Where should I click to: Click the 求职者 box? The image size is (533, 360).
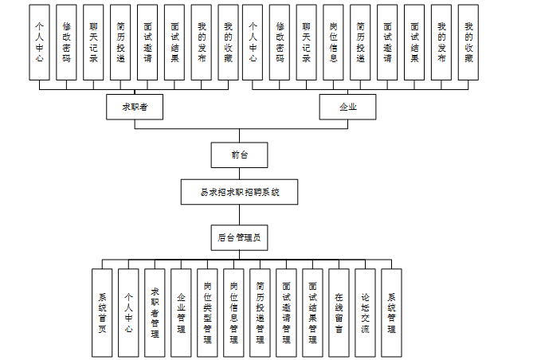[x=129, y=107]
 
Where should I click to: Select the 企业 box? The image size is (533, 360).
[x=347, y=107]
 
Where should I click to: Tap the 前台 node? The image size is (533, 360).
[x=238, y=155]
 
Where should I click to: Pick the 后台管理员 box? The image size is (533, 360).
[x=238, y=237]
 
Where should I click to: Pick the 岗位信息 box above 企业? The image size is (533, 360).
[x=335, y=42]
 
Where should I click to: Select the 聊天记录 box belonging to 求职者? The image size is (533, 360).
[x=93, y=42]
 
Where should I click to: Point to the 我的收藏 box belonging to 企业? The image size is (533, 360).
[x=469, y=42]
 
